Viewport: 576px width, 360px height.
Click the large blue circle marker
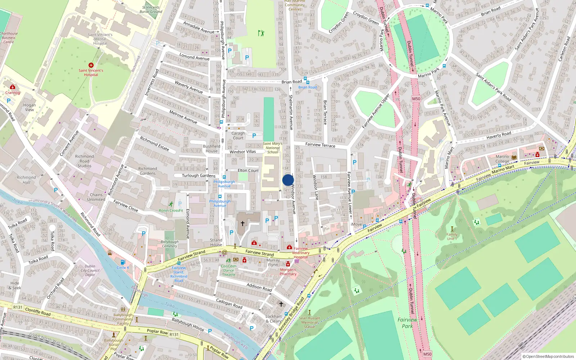288,180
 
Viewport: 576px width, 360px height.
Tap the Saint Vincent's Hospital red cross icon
91,65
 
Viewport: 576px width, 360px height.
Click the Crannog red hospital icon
13,87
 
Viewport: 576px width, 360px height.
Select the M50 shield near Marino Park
416,99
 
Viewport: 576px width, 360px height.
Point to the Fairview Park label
407,323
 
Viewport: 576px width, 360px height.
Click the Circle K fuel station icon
123,262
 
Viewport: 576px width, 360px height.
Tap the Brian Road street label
292,82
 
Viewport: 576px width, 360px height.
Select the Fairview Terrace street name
320,145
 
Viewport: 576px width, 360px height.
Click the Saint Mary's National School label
273,148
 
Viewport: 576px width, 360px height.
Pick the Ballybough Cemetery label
170,244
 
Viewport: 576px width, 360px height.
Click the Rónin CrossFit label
171,210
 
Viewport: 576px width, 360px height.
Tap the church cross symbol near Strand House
243,224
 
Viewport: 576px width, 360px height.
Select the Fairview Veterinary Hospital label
301,253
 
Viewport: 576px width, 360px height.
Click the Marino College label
502,159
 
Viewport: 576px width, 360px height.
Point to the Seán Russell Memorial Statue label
309,322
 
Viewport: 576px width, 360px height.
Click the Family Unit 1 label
452,237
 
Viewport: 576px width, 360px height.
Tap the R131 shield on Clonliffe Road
18,307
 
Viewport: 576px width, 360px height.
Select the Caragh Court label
238,135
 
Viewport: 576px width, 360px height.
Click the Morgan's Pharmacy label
288,272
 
